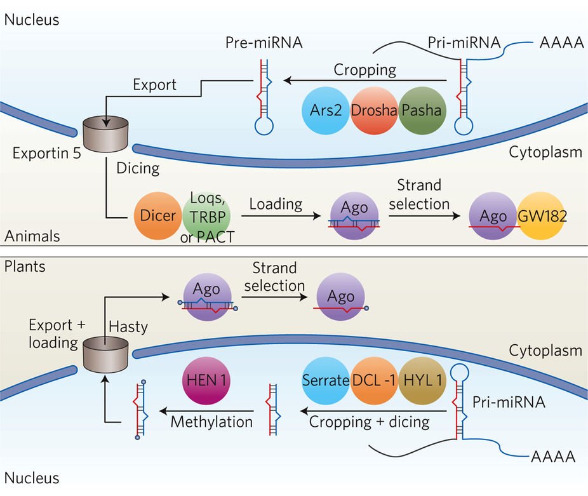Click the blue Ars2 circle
(324, 110)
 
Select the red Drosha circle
(374, 110)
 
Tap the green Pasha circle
(422, 110)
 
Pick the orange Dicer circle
(157, 216)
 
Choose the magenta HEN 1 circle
(206, 381)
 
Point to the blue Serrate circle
(325, 381)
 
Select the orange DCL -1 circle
(373, 381)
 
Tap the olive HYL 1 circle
(422, 381)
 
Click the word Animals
(32, 236)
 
